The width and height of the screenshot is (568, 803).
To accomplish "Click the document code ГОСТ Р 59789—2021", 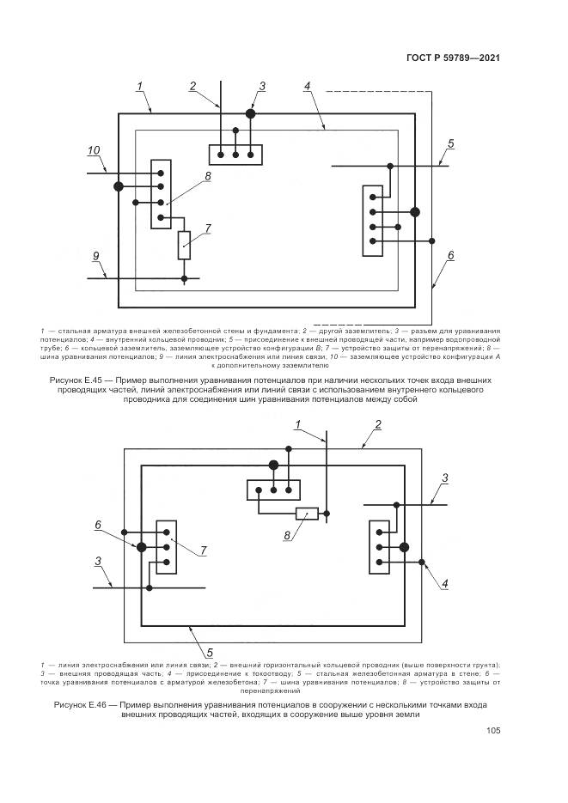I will (452, 58).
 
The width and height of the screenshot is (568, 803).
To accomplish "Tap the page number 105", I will (492, 731).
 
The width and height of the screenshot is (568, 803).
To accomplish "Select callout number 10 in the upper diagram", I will (94, 150).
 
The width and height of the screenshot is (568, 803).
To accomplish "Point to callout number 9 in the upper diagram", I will (96, 256).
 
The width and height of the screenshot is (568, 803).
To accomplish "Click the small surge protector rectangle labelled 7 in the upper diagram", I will (185, 245).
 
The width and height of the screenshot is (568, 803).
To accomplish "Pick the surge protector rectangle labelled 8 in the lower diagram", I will (307, 514).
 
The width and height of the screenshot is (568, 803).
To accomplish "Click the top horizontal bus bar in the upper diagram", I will (235, 155).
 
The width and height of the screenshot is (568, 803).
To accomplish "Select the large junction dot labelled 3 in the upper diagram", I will (251, 113).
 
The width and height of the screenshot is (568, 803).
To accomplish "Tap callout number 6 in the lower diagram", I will (98, 524).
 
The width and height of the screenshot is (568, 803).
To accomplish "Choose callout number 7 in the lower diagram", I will (204, 550).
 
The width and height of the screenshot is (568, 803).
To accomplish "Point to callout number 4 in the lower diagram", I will (445, 583).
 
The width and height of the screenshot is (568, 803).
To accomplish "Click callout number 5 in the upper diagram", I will (451, 143).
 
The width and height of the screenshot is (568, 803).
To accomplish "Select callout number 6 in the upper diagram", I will (450, 255).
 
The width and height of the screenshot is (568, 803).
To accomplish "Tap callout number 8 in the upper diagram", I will (207, 176).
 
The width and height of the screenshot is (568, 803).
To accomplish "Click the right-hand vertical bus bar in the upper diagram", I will (372, 219).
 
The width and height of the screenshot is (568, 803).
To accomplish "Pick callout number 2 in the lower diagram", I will (377, 424).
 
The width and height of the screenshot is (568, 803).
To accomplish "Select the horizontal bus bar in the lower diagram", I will (272, 490).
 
